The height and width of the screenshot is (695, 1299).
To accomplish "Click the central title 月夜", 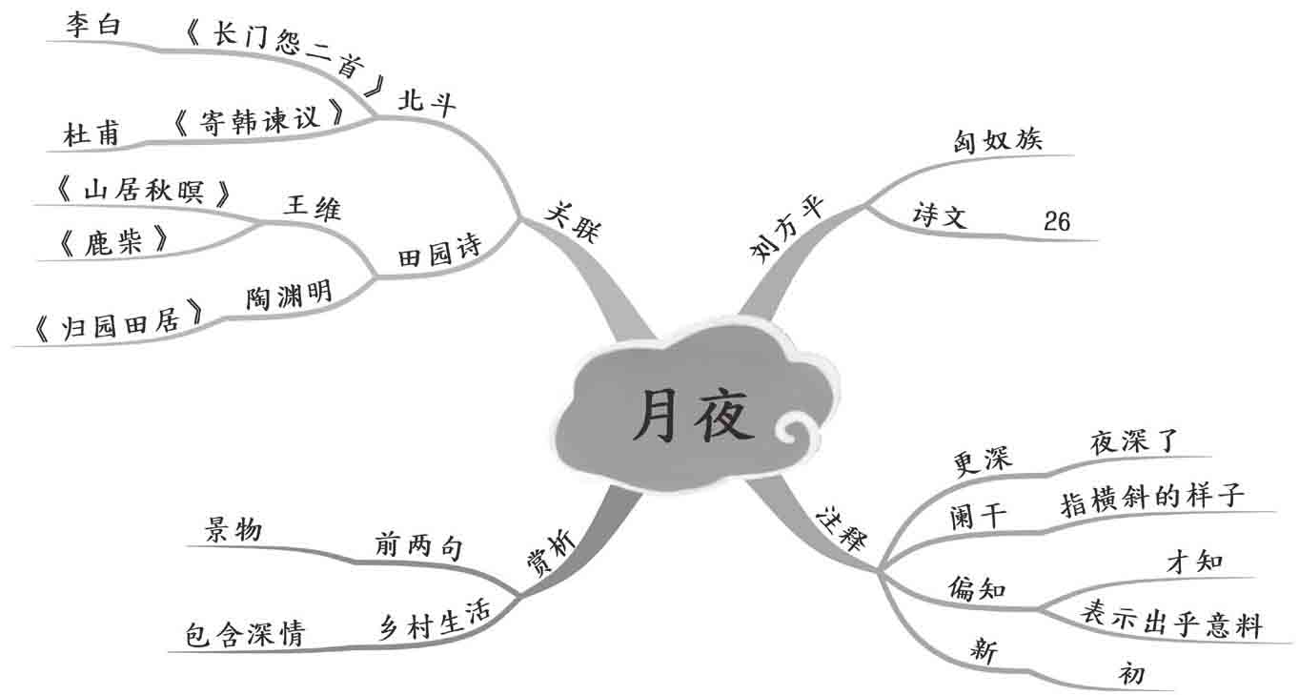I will pyautogui.click(x=694, y=417).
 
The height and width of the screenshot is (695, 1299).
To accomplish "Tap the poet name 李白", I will pyautogui.click(x=92, y=25).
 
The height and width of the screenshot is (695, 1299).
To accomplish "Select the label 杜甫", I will pyautogui.click(x=92, y=133).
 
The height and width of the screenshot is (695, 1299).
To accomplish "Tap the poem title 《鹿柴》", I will pyautogui.click(x=112, y=243).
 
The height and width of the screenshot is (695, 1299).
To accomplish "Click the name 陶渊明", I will pyautogui.click(x=288, y=296).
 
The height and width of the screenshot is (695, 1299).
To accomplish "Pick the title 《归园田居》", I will pyautogui.click(x=118, y=323).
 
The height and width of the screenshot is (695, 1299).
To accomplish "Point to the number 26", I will pyautogui.click(x=1057, y=222).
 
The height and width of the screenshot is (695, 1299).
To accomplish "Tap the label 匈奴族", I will pyautogui.click(x=998, y=139).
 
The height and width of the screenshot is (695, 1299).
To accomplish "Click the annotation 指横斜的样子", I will pyautogui.click(x=1152, y=499).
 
